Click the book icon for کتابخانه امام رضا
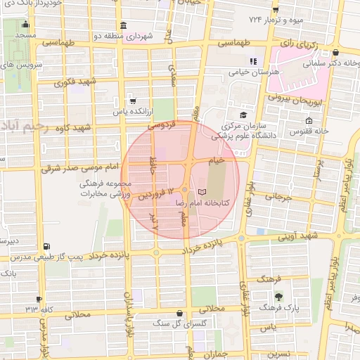tap(202, 192)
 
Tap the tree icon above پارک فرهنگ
tap(279, 296)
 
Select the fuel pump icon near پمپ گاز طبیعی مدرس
tap(46, 246)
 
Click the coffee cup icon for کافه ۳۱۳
tap(39, 299)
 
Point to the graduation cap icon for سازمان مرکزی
tap(243, 115)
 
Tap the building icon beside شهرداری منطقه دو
tap(123, 26)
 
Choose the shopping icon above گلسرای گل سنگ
tap(181, 313)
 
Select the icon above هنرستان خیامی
tap(254, 61)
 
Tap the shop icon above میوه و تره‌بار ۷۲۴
tap(276, 10)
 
